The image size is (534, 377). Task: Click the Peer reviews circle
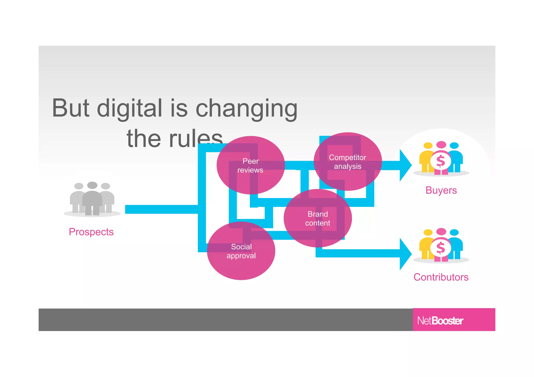point(251,165)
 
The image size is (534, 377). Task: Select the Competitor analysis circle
point(348,162)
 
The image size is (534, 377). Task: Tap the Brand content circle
point(318,218)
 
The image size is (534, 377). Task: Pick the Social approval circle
point(241,251)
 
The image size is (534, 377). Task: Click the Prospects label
point(91,232)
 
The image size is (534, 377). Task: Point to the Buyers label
point(441,190)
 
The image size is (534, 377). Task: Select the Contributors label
point(441,277)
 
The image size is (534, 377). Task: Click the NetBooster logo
point(440,320)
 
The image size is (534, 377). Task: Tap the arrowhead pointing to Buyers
point(405,165)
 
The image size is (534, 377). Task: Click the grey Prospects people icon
point(92,199)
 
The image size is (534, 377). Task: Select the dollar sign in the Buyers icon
point(440,161)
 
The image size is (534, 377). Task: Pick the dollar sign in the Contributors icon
point(440,248)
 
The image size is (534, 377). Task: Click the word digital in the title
point(130,108)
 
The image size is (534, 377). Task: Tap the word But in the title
point(70,108)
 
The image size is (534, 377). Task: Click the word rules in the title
point(196,139)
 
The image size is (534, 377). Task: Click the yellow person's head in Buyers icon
point(428,145)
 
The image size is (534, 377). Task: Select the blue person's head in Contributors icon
point(454,232)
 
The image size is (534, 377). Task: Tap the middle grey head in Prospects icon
point(92,185)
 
